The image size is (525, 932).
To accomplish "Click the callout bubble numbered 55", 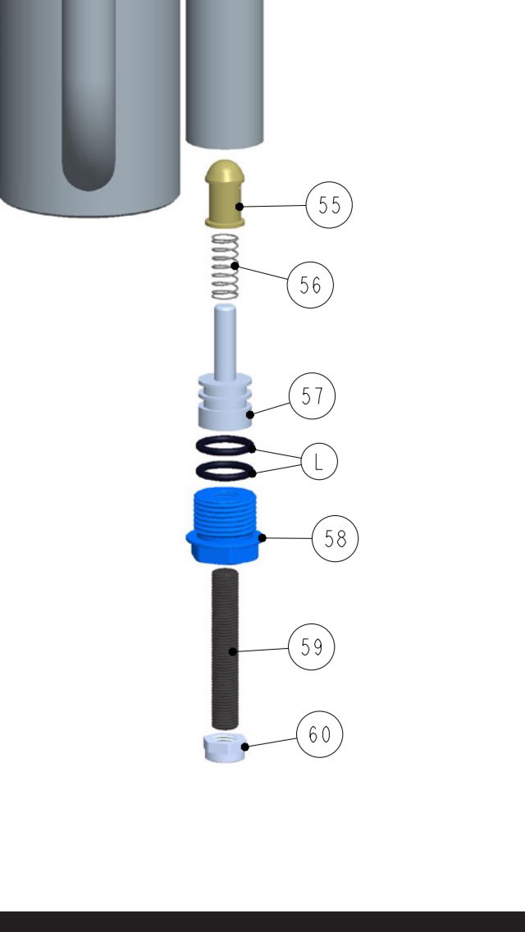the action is (x=330, y=205).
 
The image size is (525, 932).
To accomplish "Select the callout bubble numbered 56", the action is (x=310, y=286).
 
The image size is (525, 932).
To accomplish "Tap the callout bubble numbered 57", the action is (x=313, y=396).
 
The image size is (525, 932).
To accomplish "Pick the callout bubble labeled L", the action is (x=319, y=462).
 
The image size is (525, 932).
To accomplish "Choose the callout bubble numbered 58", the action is (x=336, y=538).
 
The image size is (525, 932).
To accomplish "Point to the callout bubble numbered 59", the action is (x=312, y=646).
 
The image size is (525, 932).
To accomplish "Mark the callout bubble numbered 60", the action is (x=320, y=734).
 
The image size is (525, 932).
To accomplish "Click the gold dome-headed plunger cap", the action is (x=225, y=194).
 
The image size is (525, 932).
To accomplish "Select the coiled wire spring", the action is (x=226, y=267).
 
